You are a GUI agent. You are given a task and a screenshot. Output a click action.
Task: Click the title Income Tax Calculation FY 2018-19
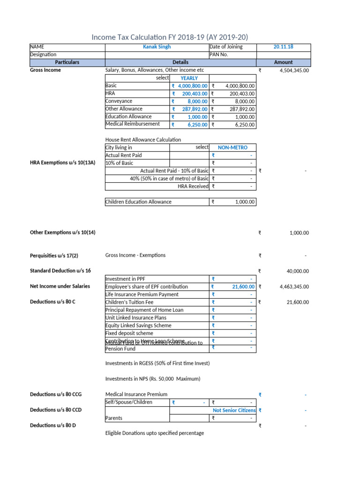pyautogui.click(x=169, y=37)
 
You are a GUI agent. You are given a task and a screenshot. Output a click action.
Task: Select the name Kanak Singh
pyautogui.click(x=157, y=47)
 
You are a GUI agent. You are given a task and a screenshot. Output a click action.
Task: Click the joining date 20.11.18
pyautogui.click(x=283, y=47)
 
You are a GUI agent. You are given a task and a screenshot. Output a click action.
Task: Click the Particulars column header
pyautogui.click(x=67, y=62)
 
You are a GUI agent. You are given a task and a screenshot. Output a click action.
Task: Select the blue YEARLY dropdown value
pyautogui.click(x=189, y=78)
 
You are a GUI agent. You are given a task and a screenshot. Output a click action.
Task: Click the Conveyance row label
pyautogui.click(x=119, y=101)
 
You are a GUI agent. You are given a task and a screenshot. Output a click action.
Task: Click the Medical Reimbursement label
pyautogui.click(x=133, y=124)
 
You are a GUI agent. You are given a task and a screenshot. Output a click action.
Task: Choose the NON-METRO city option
pyautogui.click(x=232, y=147)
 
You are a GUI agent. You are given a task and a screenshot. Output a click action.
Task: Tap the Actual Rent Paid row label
pyautogui.click(x=124, y=155)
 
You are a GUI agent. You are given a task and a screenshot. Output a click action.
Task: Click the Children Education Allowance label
pyautogui.click(x=138, y=202)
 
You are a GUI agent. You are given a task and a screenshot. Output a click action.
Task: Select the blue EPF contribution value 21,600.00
pyautogui.click(x=243, y=286)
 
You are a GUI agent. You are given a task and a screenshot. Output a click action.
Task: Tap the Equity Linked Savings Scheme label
pyautogui.click(x=138, y=325)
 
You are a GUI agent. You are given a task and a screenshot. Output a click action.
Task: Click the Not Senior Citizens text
pyautogui.click(x=234, y=410)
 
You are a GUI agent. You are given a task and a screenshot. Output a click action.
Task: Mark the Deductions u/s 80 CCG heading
pyautogui.click(x=56, y=395)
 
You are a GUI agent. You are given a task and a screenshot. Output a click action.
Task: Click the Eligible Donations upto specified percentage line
pyautogui.click(x=155, y=433)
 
